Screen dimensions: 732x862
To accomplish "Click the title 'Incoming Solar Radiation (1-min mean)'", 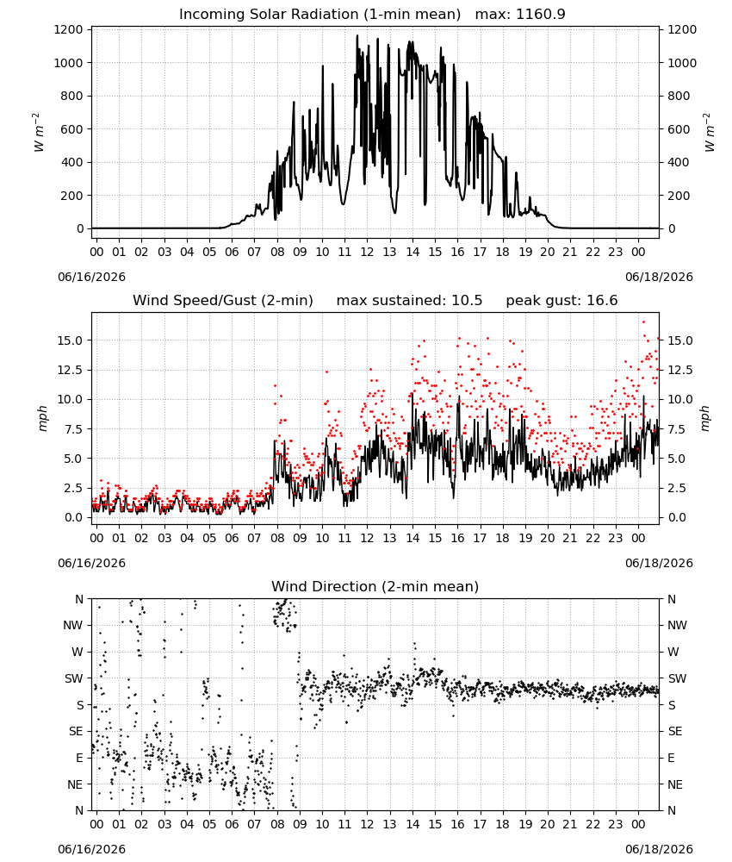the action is (319, 15).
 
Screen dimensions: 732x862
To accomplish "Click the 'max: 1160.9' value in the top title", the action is (520, 15).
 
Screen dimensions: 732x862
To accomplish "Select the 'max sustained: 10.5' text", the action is (409, 301).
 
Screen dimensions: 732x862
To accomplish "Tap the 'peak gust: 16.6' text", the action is (561, 301).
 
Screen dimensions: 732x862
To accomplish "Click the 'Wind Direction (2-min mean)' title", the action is (375, 586).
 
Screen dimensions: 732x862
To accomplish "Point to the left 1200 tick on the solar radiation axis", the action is (69, 29).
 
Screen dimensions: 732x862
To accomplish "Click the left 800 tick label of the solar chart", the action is (72, 97).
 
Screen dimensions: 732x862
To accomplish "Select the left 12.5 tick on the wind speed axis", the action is (71, 370).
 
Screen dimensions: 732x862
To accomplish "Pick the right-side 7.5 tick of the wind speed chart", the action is (677, 428).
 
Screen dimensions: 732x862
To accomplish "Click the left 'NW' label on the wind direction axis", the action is (73, 626).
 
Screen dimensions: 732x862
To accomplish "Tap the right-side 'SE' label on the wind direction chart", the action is (675, 732).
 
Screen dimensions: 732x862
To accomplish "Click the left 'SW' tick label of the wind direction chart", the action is (74, 679).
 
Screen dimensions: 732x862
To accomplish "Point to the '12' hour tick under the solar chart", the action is (368, 253).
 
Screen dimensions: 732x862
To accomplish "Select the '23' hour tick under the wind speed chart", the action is (616, 538).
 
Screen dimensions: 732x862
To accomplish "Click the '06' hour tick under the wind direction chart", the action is (232, 825).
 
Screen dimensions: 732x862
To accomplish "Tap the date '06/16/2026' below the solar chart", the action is (91, 277).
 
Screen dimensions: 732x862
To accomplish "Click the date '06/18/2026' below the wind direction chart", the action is (659, 849).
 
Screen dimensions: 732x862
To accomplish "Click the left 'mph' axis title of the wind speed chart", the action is (43, 418).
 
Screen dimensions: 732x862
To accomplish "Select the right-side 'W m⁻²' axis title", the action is (709, 133).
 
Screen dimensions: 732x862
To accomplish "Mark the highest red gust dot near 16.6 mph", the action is (643, 322).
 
